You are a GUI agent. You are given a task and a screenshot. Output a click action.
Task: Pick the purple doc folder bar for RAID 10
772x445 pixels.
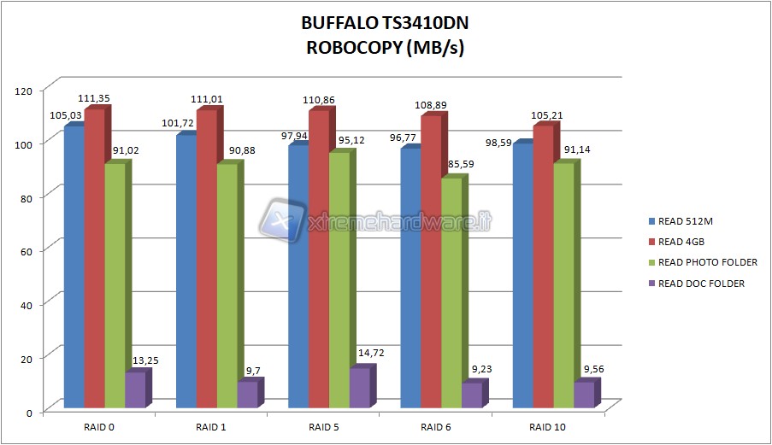pyautogui.click(x=583, y=394)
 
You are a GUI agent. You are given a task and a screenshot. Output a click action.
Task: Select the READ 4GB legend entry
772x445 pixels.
pyautogui.click(x=674, y=242)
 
